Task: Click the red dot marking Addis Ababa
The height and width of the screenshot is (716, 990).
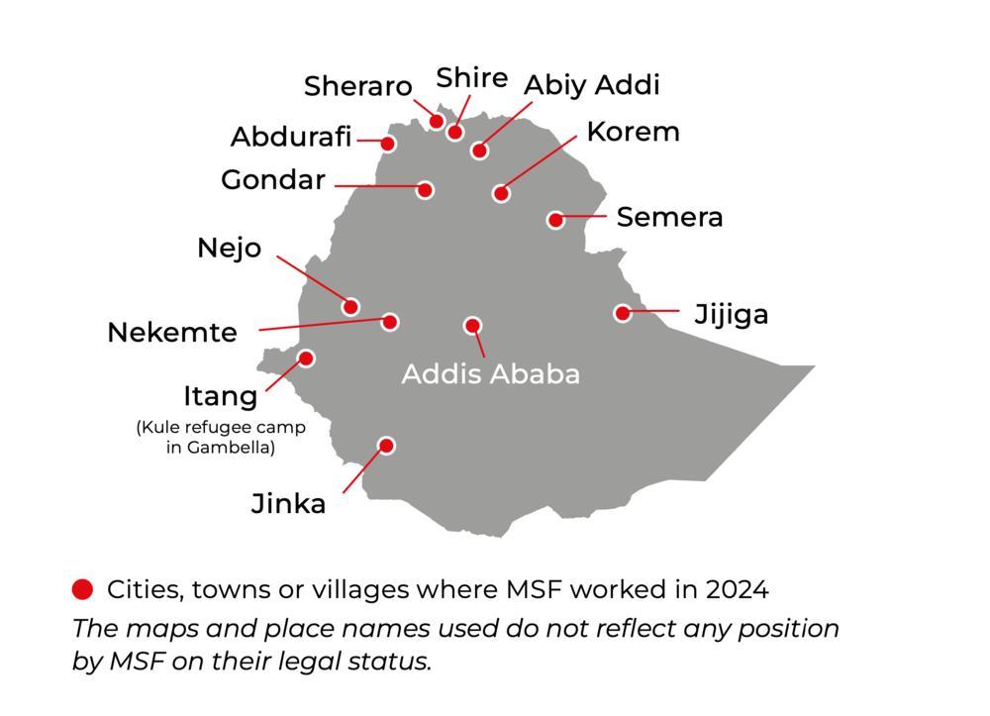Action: [472, 326]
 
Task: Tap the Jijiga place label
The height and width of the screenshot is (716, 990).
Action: [731, 315]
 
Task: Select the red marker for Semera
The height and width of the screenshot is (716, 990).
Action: [555, 220]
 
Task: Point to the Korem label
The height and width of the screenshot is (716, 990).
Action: [633, 132]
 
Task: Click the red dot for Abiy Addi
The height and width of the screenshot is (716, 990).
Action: [479, 151]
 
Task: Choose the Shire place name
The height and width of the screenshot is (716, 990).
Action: [471, 78]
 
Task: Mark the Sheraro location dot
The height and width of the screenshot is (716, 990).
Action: [437, 121]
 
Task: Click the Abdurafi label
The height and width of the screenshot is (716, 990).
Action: [291, 137]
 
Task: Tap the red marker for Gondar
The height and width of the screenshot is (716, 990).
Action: [425, 189]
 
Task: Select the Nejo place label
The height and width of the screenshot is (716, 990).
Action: [229, 248]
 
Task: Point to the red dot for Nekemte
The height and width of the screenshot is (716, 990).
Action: [390, 321]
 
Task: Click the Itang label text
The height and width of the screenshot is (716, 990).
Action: [220, 397]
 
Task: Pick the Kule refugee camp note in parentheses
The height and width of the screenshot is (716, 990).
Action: [220, 438]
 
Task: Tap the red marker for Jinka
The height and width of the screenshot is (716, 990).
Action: [386, 446]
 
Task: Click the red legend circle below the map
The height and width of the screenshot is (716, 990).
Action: [83, 590]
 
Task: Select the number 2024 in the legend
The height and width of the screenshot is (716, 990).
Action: [737, 590]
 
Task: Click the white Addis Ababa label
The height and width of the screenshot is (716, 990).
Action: [490, 374]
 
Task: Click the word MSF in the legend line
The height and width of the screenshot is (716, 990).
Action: [535, 590]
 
